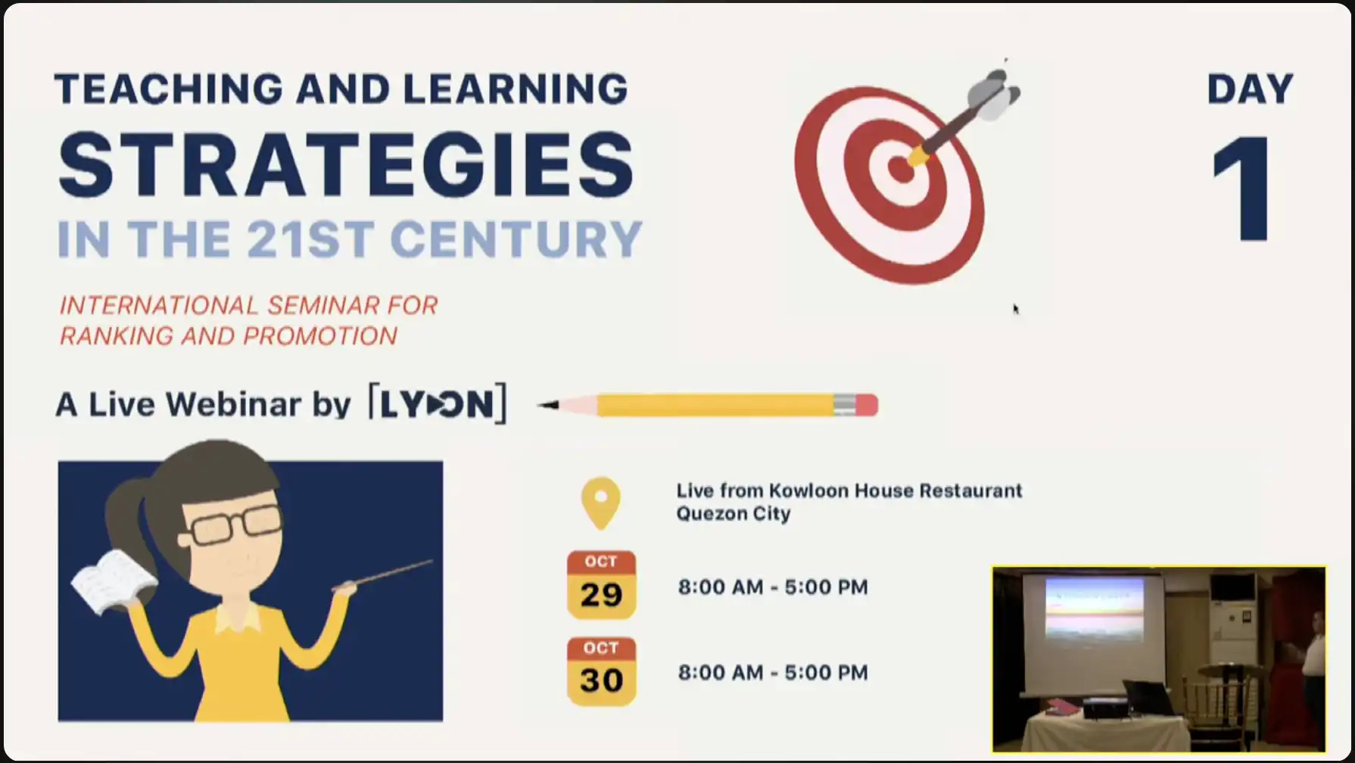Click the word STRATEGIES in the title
[346, 164]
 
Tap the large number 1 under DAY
[1242, 188]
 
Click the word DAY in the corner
[1250, 89]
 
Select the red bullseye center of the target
[900, 170]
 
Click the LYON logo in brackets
[437, 403]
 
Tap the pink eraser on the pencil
[866, 405]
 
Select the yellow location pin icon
[601, 503]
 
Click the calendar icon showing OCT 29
[601, 584]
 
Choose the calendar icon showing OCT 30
[601, 671]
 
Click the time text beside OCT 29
[773, 587]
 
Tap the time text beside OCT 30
[773, 672]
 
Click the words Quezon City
[734, 514]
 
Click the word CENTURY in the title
[516, 239]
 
